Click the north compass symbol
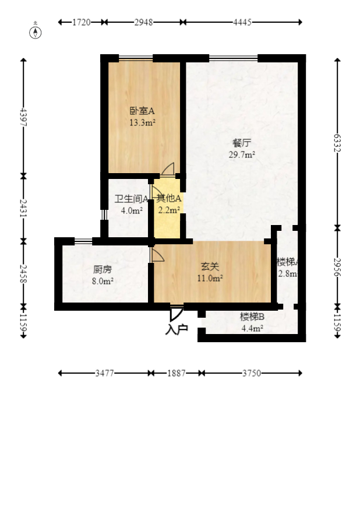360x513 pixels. (36, 32)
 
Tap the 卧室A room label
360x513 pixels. (142, 110)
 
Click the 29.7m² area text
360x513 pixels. (242, 154)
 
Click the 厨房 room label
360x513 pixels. (103, 269)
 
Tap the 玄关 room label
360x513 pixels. (210, 266)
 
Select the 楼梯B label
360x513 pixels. (252, 317)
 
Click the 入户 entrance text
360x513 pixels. (177, 329)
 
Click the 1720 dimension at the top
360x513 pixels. (82, 22)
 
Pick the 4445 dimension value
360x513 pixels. (242, 22)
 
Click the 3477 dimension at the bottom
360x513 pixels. (105, 373)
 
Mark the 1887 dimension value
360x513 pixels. (176, 373)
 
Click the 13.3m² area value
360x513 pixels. (142, 122)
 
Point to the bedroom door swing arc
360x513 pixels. (168, 169)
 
